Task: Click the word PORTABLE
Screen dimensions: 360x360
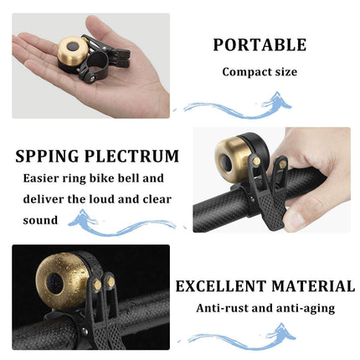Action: (260, 45)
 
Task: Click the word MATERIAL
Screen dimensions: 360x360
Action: (310, 286)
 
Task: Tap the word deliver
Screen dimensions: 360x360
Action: (41, 199)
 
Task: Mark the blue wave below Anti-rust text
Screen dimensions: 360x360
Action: (243, 337)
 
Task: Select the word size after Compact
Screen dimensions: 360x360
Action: (285, 72)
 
